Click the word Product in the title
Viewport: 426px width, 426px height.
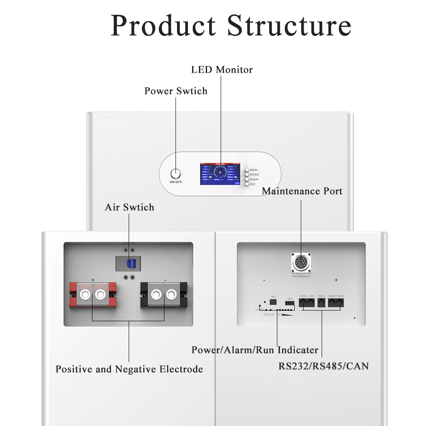164,26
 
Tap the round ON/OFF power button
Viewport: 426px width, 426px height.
176,174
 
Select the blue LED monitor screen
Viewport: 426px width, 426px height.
221,175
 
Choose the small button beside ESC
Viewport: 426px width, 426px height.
247,184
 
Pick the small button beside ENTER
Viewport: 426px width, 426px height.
247,175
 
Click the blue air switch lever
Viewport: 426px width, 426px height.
132,264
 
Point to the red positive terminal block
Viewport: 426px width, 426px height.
92,294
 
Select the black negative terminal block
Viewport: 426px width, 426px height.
164,294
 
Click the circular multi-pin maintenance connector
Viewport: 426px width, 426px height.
301,263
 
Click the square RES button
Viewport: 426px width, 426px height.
273,302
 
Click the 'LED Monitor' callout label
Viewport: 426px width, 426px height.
222,69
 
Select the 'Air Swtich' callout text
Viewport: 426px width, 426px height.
130,207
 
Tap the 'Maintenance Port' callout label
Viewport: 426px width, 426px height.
302,191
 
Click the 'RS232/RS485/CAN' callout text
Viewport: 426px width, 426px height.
324,366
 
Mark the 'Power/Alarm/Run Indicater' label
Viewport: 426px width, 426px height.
255,350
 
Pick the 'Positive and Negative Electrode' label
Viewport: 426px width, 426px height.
129,369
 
